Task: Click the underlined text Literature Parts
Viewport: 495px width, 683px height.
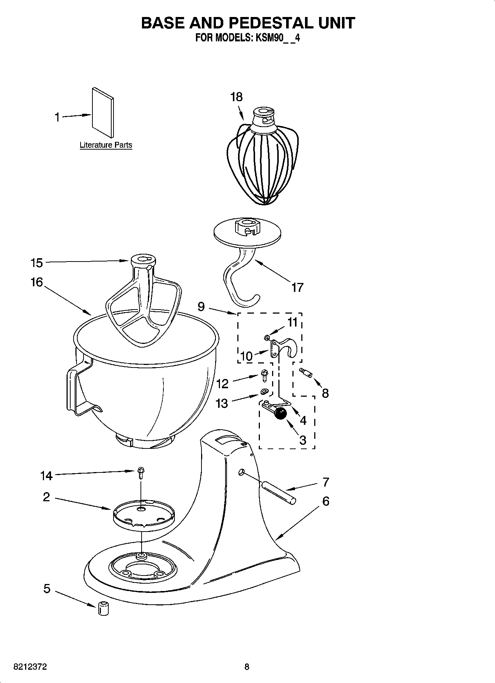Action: pyautogui.click(x=106, y=145)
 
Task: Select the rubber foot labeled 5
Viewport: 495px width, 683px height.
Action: pyautogui.click(x=104, y=608)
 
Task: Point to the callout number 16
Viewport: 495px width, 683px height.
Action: pyautogui.click(x=37, y=283)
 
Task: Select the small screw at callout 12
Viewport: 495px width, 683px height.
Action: pyautogui.click(x=264, y=376)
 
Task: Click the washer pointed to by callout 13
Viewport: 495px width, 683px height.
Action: pyautogui.click(x=264, y=391)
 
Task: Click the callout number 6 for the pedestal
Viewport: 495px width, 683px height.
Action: pyautogui.click(x=325, y=501)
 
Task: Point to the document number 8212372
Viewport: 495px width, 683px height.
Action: pyautogui.click(x=30, y=667)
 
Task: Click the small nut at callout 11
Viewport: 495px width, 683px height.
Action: pyautogui.click(x=267, y=337)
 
